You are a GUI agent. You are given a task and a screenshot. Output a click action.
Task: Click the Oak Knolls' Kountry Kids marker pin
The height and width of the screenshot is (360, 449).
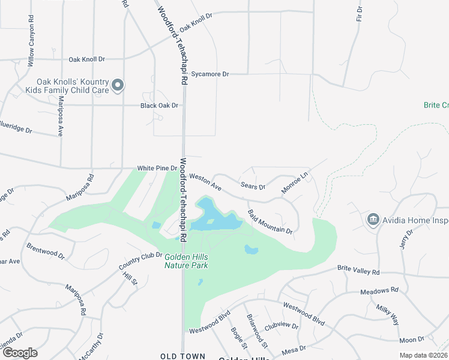[118, 86]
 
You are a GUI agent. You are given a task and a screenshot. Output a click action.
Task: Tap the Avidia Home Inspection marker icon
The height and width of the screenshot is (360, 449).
[373, 220]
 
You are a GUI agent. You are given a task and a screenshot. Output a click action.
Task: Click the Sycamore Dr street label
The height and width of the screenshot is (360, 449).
[210, 74]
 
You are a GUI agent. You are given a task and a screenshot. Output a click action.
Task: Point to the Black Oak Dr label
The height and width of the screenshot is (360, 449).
[160, 106]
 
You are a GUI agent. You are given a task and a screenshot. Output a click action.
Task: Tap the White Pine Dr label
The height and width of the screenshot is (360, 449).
[158, 169]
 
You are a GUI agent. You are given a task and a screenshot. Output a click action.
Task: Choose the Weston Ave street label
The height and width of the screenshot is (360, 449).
[205, 182]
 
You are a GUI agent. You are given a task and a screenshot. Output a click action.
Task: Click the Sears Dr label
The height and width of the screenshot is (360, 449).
[253, 187]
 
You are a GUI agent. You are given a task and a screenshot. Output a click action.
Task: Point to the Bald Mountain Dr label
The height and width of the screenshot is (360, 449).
[270, 221]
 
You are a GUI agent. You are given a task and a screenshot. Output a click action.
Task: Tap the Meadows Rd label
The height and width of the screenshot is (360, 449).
[379, 290]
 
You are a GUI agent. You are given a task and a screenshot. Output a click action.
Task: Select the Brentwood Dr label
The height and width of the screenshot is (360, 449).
[46, 251]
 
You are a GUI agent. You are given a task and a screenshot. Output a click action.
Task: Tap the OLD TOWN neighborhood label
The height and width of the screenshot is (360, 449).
[183, 356]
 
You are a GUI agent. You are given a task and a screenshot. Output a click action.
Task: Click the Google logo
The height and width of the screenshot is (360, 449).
[20, 352]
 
